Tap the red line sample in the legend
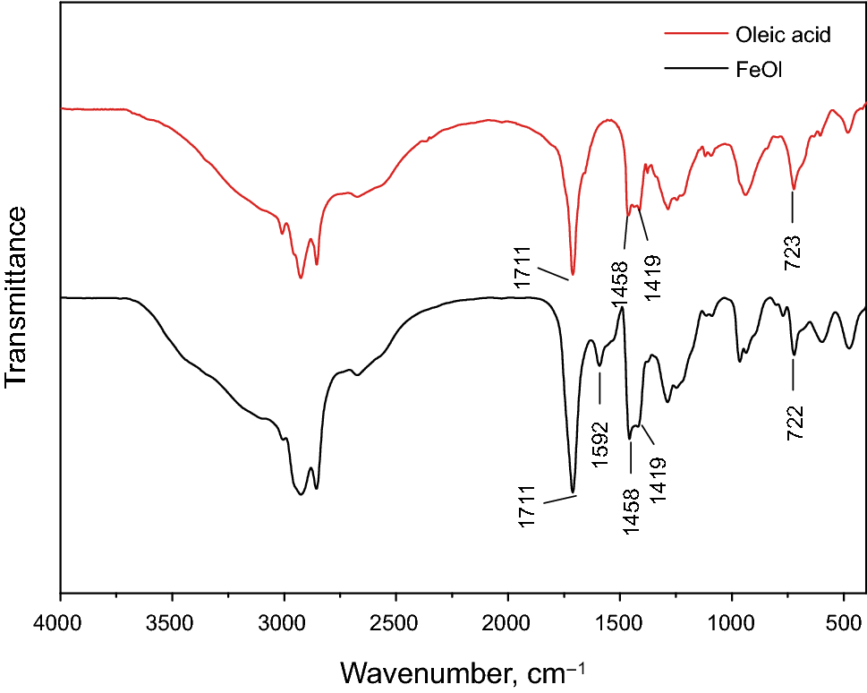tap(693, 36)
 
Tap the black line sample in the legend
tap(693, 67)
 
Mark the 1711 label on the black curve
tap(527, 507)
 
